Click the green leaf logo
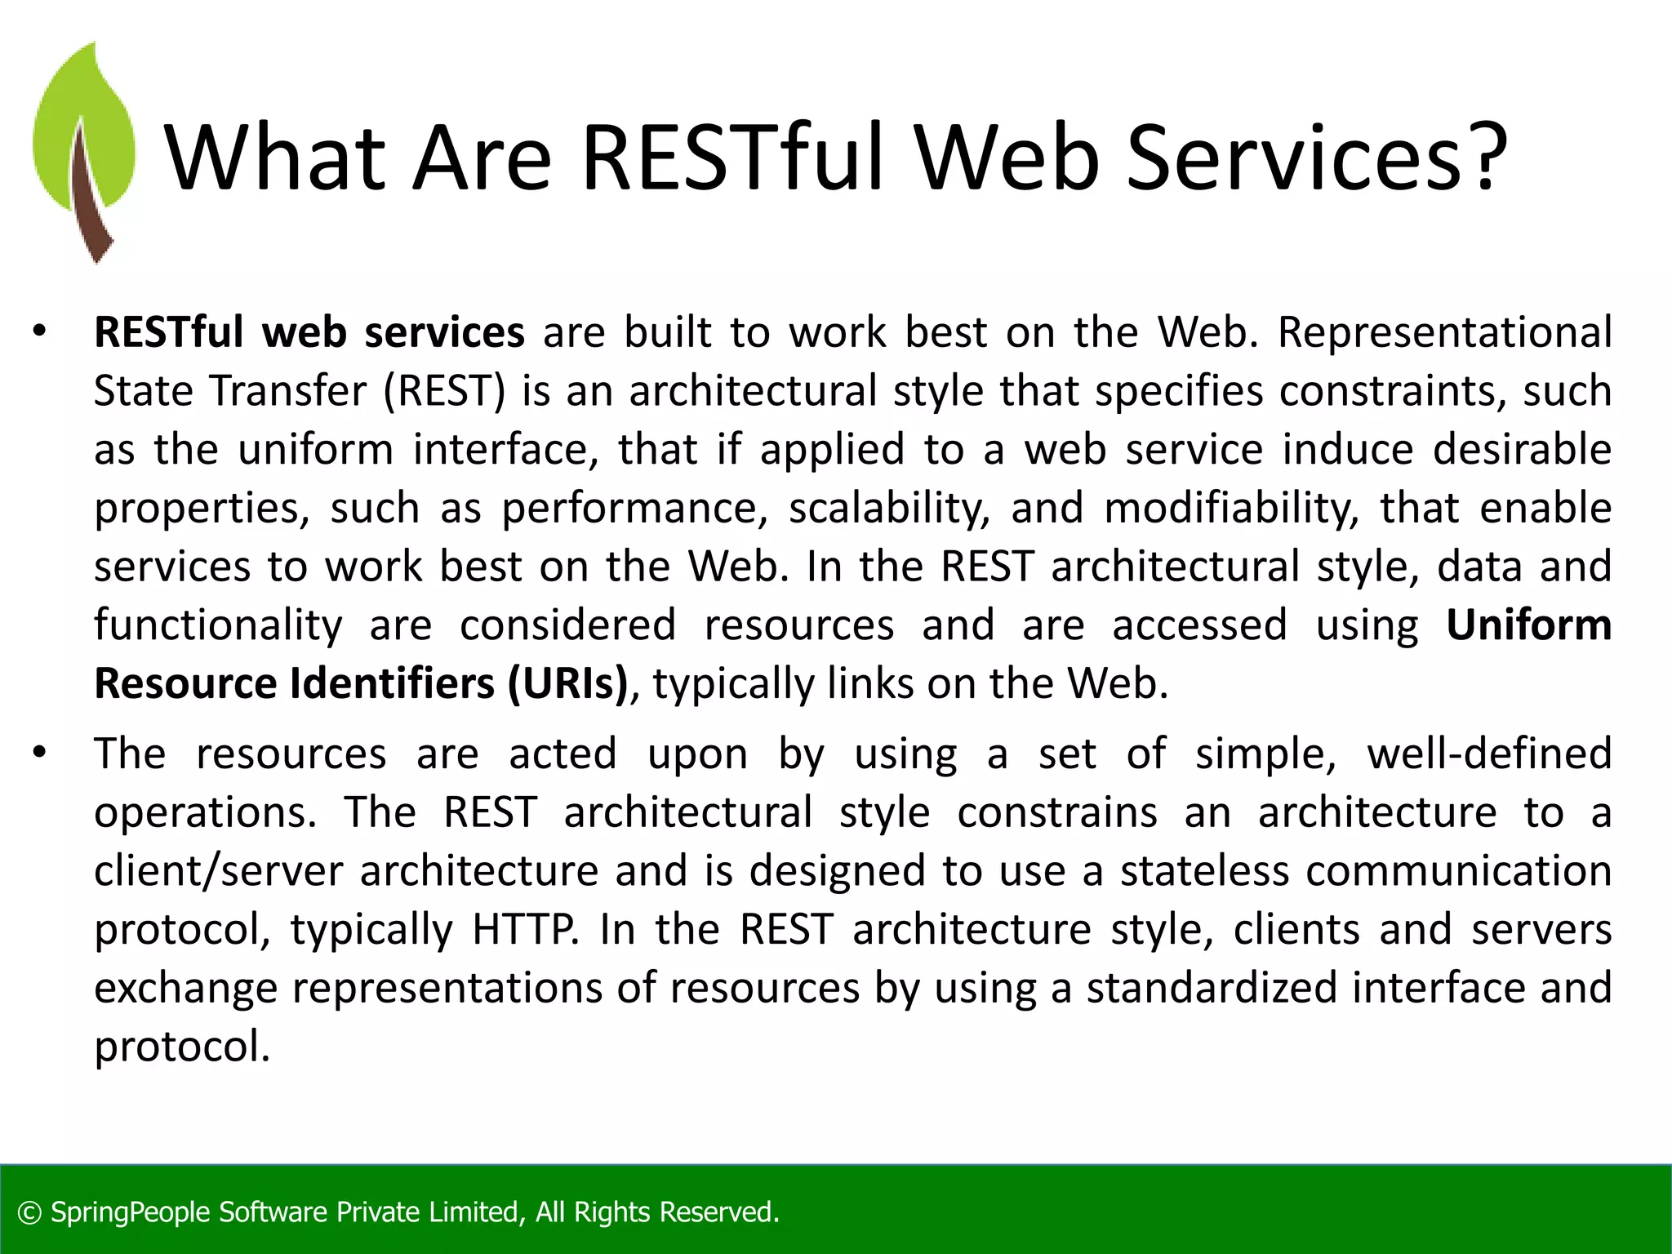(83, 151)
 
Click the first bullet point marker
(39, 332)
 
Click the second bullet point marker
(39, 754)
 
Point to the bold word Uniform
(1528, 625)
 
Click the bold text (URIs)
(567, 684)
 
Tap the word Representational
(1444, 333)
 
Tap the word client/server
(218, 871)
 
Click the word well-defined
(1489, 754)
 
